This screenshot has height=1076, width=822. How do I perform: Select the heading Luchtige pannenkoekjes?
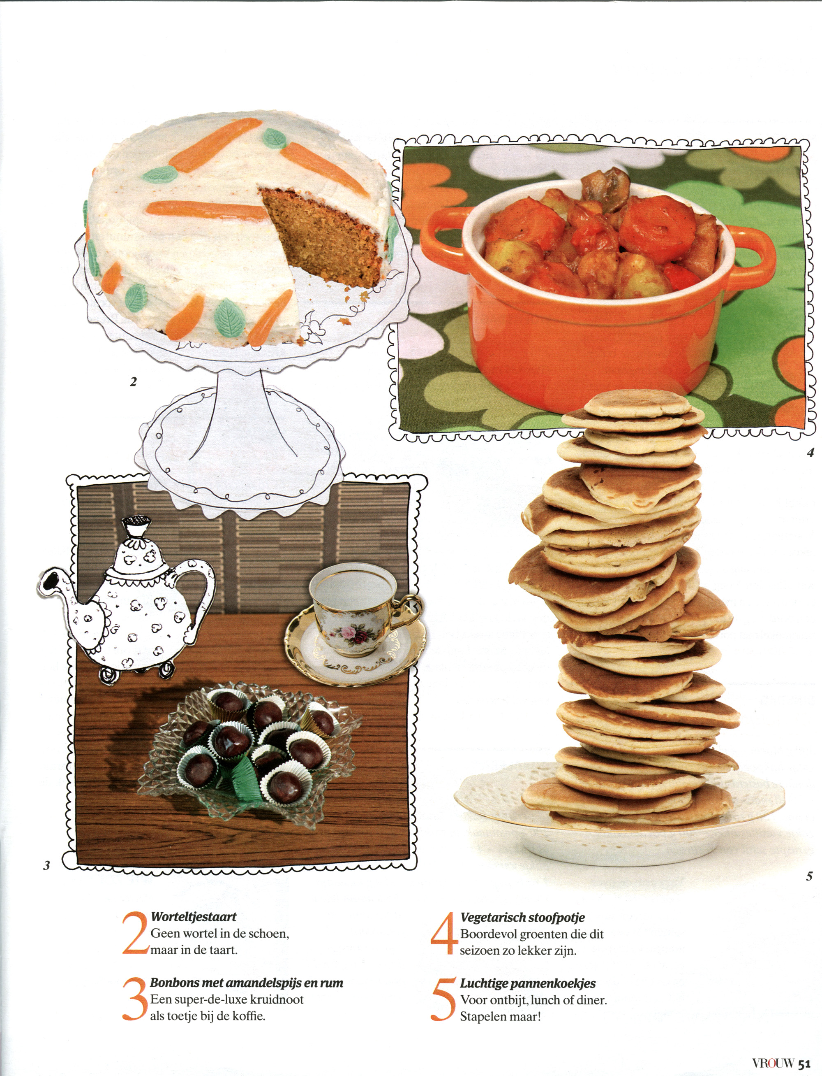click(528, 983)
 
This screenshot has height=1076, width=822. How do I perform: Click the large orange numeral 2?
click(135, 933)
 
